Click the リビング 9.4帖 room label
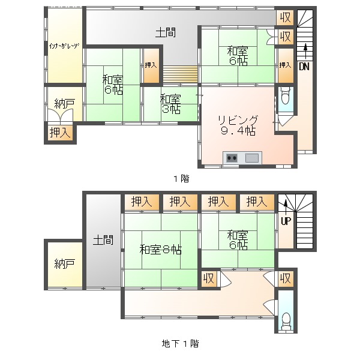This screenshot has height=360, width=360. click(x=238, y=125)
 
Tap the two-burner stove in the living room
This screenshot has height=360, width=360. click(x=232, y=158)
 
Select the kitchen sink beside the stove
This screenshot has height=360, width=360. click(x=253, y=158)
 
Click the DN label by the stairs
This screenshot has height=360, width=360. click(x=304, y=67)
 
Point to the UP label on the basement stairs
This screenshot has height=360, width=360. click(x=286, y=221)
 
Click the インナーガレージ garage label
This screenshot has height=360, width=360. click(x=64, y=46)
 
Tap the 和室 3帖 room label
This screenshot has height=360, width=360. click(x=170, y=104)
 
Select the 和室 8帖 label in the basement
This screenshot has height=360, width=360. click(x=160, y=250)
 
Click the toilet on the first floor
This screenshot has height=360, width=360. click(x=284, y=97)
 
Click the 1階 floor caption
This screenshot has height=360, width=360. click(x=181, y=178)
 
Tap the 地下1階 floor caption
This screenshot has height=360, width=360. click(x=180, y=344)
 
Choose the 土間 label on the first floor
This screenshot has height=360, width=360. click(x=166, y=32)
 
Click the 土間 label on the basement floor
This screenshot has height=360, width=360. click(x=103, y=240)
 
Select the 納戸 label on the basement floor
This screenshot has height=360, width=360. click(x=65, y=264)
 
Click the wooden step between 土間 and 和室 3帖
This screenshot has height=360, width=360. click(x=181, y=74)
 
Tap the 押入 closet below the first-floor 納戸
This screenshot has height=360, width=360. click(x=60, y=133)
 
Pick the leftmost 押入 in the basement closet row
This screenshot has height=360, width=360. click(x=142, y=202)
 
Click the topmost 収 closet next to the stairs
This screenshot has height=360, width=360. click(x=285, y=17)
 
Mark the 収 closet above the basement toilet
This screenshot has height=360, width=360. click(x=286, y=279)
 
